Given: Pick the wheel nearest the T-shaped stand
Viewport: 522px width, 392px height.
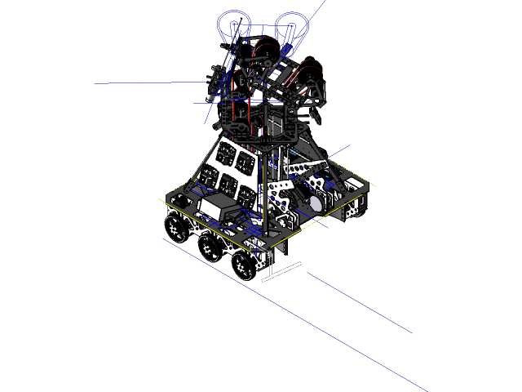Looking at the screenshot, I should pyautogui.click(x=242, y=263).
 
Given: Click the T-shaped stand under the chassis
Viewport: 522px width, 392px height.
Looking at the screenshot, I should pyautogui.click(x=281, y=271).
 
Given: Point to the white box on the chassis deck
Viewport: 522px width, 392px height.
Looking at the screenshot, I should pyautogui.click(x=215, y=208).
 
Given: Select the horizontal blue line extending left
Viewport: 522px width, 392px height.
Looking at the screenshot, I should pyautogui.click(x=139, y=83).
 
